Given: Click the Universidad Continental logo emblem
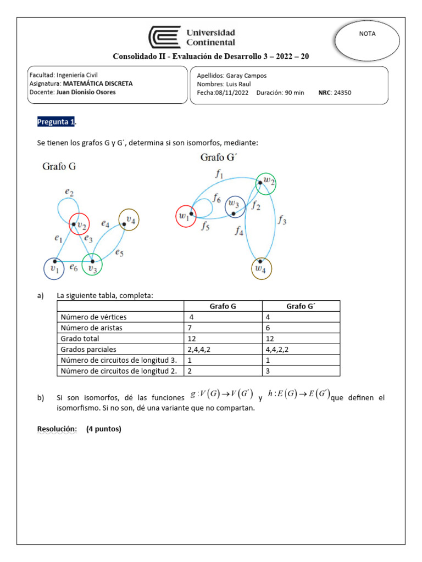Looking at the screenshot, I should click(x=164, y=37).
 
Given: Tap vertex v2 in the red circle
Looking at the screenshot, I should click(x=79, y=224).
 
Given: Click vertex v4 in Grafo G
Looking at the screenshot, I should click(x=129, y=220).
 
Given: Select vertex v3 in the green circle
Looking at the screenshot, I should click(x=92, y=266).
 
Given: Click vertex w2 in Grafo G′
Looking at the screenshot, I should click(x=265, y=183).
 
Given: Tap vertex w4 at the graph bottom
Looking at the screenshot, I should click(x=262, y=268).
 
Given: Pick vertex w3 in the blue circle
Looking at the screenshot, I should click(x=235, y=206).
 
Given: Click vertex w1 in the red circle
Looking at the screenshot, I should click(x=186, y=216).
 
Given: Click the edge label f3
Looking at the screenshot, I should click(x=282, y=221).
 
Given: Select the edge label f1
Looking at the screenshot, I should click(x=219, y=175).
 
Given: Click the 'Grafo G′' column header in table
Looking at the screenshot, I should click(x=301, y=306).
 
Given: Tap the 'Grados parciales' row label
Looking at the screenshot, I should click(x=88, y=349).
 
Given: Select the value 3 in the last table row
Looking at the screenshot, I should click(x=267, y=370).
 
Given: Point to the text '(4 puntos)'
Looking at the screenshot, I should click(x=104, y=429).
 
